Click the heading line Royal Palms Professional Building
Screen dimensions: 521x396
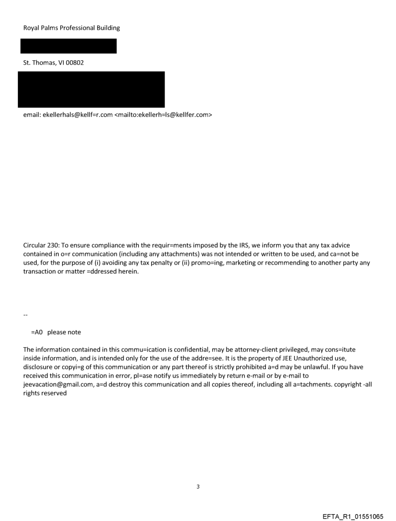click(x=71, y=28)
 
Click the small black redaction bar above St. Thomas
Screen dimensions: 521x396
click(x=68, y=46)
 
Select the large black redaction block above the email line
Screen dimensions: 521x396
click(x=91, y=89)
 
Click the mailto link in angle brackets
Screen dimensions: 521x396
click(x=163, y=115)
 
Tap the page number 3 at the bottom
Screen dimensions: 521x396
click(x=198, y=487)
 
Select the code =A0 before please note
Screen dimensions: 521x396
click(x=37, y=332)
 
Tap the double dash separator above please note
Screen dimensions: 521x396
click(x=25, y=316)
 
